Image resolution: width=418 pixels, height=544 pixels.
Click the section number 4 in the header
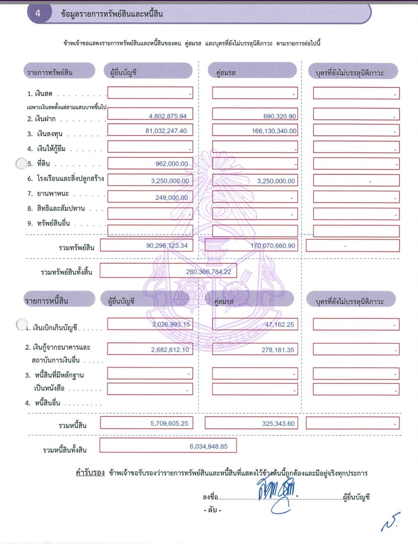pos(38,13)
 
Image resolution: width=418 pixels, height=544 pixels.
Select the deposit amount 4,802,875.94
pos(168,116)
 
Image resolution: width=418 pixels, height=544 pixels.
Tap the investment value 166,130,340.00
pos(274,131)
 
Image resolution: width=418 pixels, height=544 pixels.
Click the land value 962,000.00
pos(172,164)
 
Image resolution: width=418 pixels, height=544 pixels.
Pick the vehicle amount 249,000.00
pos(172,197)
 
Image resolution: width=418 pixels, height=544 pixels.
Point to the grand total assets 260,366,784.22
pos(209,272)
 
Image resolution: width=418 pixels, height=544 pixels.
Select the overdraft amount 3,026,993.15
pos(171,324)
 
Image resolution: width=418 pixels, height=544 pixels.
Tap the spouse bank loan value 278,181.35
pos(278,350)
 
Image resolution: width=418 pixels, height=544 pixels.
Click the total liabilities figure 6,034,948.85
pos(209,446)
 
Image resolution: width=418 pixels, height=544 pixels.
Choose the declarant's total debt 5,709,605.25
pos(169,423)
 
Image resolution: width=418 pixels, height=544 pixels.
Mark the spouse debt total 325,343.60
pos(278,423)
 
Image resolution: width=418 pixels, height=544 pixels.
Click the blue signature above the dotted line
pos(276,492)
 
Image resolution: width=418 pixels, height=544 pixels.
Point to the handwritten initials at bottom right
pos(390,522)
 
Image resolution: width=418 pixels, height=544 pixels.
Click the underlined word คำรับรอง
pos(90,473)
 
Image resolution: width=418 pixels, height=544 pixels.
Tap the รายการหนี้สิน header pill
pos(59,300)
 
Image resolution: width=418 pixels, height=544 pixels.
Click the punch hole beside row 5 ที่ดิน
pos(21,163)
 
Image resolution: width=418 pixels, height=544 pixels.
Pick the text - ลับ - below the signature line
pos(212,510)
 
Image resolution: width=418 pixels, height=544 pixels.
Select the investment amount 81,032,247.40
pos(166,131)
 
